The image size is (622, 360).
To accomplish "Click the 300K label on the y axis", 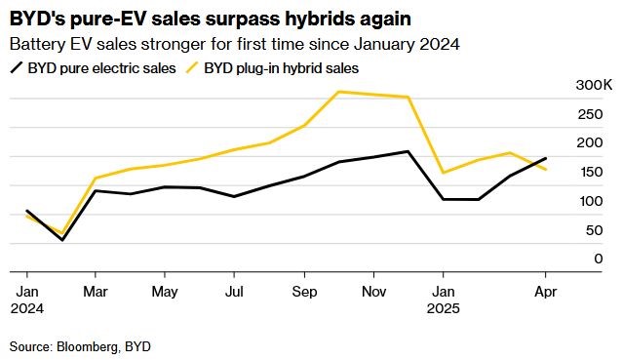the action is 594,85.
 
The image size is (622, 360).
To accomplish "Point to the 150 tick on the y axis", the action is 590,172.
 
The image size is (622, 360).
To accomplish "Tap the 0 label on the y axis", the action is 599,259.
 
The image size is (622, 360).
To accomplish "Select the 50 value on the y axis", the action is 594,230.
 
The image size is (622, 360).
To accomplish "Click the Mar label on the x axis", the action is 96,292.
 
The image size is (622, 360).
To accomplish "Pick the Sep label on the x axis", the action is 304,292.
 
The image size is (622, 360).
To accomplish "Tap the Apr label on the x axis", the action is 545,292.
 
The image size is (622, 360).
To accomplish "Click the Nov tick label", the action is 373,292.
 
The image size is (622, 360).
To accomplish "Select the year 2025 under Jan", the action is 443,308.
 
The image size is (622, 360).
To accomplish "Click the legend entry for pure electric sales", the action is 94,68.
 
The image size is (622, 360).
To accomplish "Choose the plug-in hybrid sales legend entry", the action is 273,68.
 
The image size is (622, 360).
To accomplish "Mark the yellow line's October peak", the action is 338,92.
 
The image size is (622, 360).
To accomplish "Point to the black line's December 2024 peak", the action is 408,151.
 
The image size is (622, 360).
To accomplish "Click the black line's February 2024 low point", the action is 61,240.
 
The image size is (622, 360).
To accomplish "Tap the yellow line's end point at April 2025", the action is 546,170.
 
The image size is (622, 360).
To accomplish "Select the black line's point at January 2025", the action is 443,199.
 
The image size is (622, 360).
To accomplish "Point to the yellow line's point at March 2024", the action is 96,178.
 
